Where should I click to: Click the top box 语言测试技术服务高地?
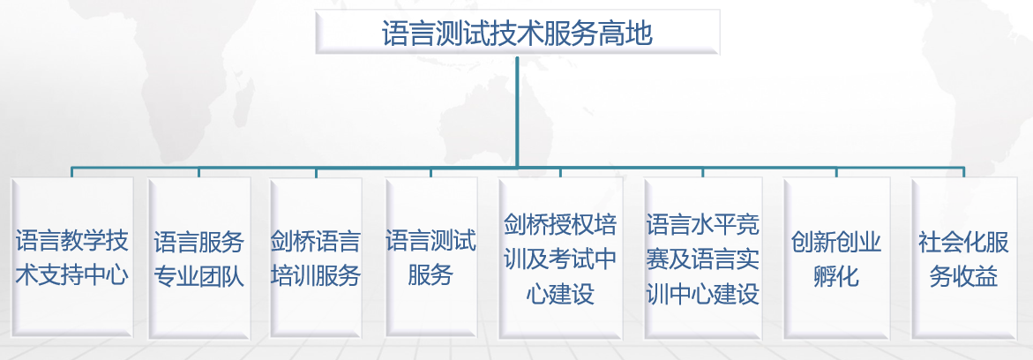pos(517,33)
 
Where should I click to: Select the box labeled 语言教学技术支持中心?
pos(71,258)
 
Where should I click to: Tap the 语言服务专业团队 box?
pos(199,258)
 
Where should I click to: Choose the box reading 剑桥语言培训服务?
pos(316,258)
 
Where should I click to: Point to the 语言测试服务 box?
pos(431,258)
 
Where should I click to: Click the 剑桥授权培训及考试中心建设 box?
pos(560,258)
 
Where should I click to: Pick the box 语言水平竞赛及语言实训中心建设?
pos(703,258)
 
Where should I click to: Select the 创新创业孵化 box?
pos(836,258)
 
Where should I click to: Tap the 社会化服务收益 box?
pos(963,258)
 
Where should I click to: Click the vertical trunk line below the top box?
pos(517,111)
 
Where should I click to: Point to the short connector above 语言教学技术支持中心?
pos(71,172)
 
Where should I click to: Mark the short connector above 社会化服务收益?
pos(963,172)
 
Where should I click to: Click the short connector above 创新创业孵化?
pos(836,172)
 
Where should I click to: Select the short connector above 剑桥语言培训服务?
pos(316,172)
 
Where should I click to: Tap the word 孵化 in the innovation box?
pos(836,274)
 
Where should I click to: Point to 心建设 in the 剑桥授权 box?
pos(560,293)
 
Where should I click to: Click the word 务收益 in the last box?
pos(963,275)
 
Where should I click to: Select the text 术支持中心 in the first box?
pos(71,275)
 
